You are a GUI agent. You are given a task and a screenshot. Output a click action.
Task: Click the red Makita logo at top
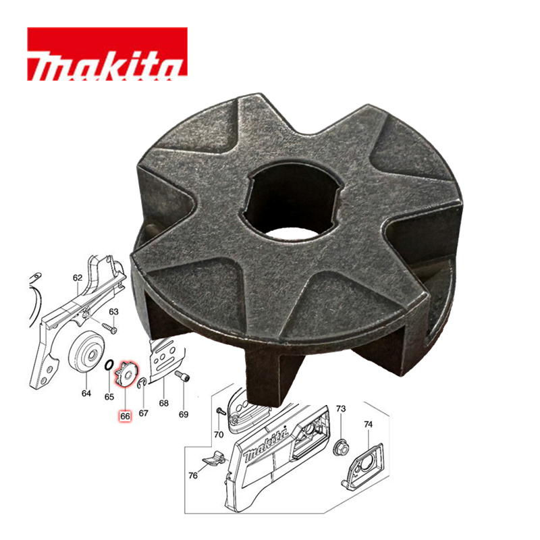(x=107, y=54)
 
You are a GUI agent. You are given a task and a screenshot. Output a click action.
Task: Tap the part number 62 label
(x=78, y=277)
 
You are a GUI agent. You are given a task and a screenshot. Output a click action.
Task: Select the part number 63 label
(x=113, y=312)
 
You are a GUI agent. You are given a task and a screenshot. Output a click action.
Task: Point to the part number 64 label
(x=86, y=393)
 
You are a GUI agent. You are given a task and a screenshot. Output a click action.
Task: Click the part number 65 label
(x=109, y=397)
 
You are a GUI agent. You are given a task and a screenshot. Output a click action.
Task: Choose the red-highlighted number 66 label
(x=125, y=416)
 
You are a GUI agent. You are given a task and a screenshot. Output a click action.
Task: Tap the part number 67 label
(x=143, y=413)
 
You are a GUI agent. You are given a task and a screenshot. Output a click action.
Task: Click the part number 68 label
(x=163, y=403)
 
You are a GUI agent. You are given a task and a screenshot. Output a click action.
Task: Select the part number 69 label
(x=184, y=414)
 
